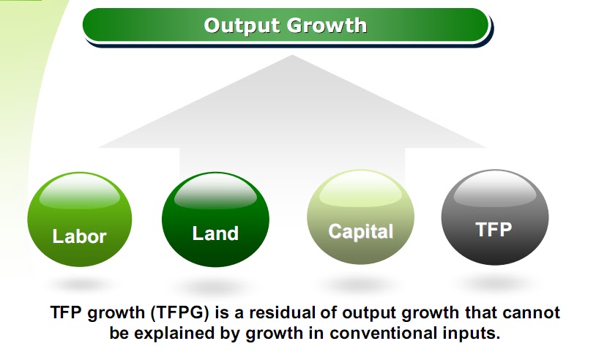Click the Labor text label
(x=80, y=236)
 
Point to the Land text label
(x=215, y=233)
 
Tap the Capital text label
(x=360, y=232)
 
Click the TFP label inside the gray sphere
(x=494, y=229)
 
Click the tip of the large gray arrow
(x=291, y=57)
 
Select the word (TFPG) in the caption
(x=178, y=313)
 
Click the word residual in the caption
(x=278, y=313)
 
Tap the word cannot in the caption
(x=532, y=313)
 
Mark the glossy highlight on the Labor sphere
(x=79, y=192)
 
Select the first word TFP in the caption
(x=67, y=313)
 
